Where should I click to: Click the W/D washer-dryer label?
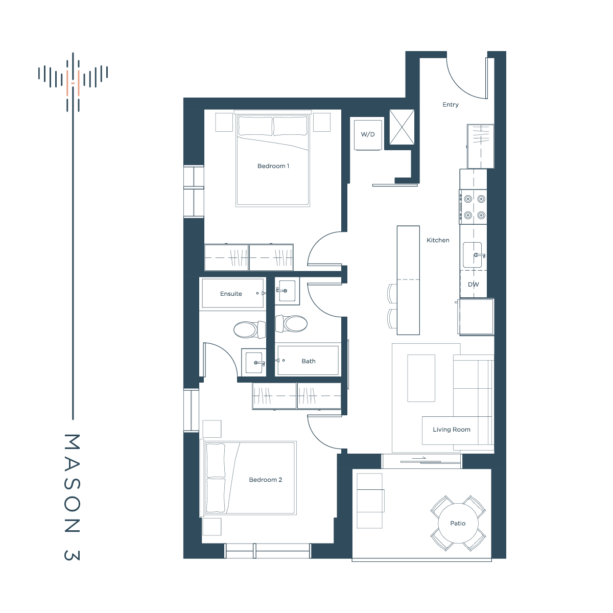tap(367, 134)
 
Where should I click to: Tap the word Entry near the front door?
tap(450, 105)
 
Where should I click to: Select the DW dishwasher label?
tap(473, 285)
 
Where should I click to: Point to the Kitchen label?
tap(438, 240)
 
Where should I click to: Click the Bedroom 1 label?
tap(273, 166)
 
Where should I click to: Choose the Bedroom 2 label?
tap(265, 480)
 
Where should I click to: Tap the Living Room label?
tap(451, 430)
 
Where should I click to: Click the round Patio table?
tap(458, 523)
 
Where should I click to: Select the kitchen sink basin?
tap(472, 255)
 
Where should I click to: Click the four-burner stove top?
tap(473, 207)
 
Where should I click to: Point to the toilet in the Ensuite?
tap(250, 329)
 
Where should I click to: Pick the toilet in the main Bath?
tap(291, 324)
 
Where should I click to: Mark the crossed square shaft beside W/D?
tap(402, 127)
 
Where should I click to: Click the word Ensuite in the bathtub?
tap(230, 294)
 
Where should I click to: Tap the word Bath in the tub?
tap(308, 361)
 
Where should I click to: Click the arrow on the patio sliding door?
tap(419, 458)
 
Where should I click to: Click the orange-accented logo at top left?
tap(73, 82)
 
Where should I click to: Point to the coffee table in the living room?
tap(421, 378)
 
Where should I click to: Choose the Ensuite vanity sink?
tap(253, 362)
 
